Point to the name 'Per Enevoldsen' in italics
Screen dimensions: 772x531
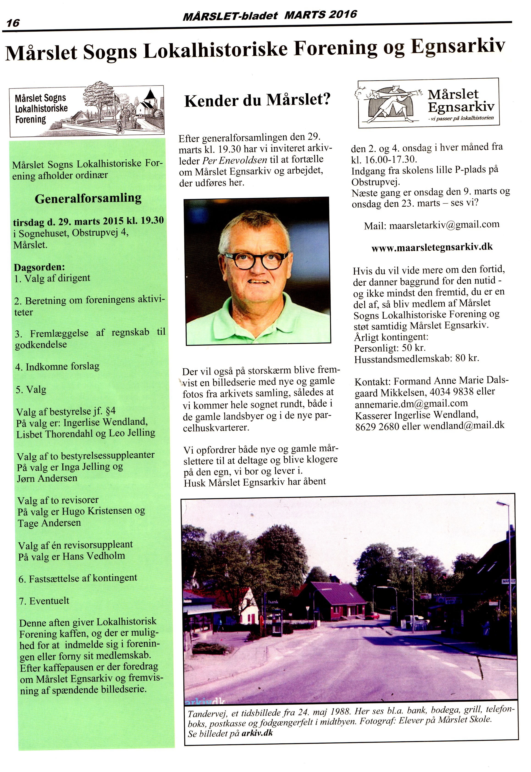tap(235, 160)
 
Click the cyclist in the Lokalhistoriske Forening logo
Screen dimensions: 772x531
tap(120, 127)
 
